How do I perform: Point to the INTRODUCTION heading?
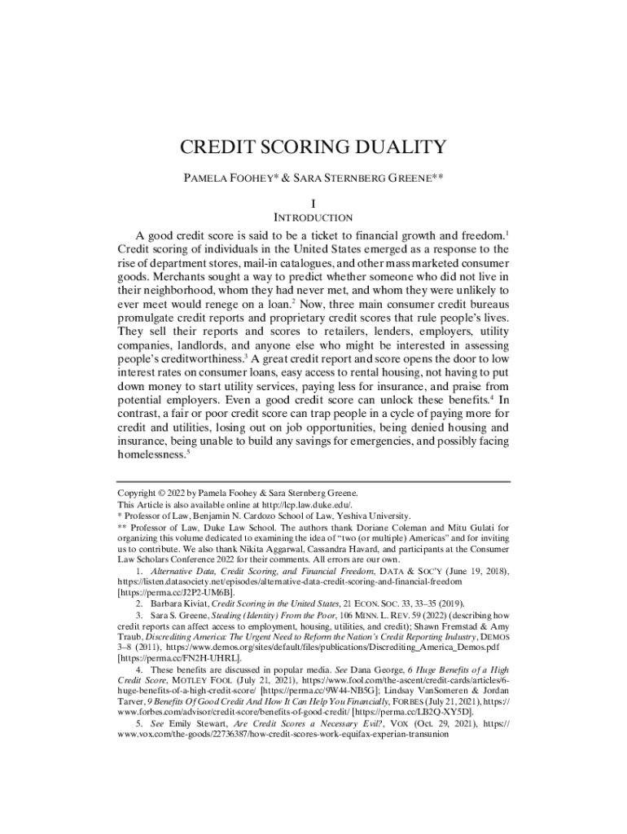(313, 217)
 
